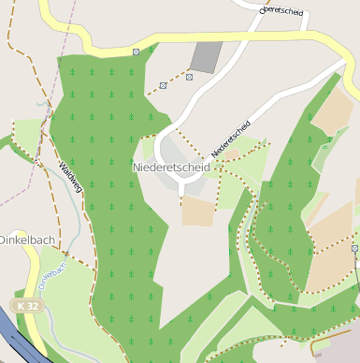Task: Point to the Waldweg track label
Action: click(x=71, y=176)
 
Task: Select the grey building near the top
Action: click(x=207, y=56)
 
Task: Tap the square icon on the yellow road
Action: click(x=137, y=51)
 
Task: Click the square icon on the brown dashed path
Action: click(x=164, y=86)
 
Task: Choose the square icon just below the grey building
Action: click(x=189, y=77)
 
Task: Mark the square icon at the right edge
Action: click(x=355, y=248)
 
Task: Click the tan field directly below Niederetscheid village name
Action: click(x=197, y=211)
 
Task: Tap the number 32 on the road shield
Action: click(x=34, y=306)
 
